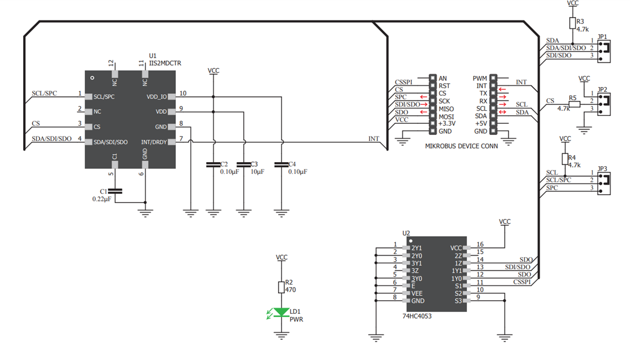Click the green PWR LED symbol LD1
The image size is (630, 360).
(282, 313)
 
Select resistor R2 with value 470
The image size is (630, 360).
(281, 287)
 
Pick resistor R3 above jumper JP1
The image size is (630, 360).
(572, 23)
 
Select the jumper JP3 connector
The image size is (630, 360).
(604, 181)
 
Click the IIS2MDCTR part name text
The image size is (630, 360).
(165, 62)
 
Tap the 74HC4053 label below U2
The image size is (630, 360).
(417, 316)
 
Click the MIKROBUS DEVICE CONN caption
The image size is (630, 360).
(461, 146)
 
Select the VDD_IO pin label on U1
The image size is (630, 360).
(156, 97)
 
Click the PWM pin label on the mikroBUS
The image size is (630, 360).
(479, 78)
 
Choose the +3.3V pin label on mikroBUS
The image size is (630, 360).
(448, 123)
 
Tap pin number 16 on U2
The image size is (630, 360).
(479, 245)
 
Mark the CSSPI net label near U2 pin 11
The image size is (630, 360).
(522, 282)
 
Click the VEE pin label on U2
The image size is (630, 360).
(417, 293)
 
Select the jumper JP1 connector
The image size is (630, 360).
(604, 48)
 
